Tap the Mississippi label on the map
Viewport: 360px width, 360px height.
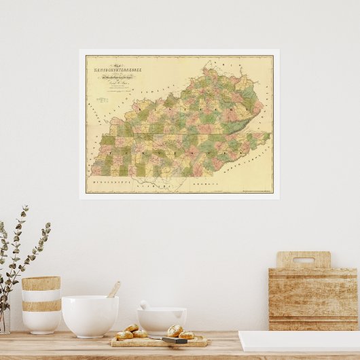pyautogui.click(x=109, y=184)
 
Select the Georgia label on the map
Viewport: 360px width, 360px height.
pyautogui.click(x=204, y=184)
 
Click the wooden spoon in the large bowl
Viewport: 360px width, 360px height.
pyautogui.click(x=113, y=290)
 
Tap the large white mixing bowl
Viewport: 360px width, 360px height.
pyautogui.click(x=90, y=316)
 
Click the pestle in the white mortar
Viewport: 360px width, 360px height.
pyautogui.click(x=144, y=305)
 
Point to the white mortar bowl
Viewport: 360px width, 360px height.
pyautogui.click(x=162, y=321)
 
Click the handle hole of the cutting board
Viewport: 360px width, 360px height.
pyautogui.click(x=303, y=259)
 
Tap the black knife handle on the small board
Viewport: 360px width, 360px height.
pyautogui.click(x=174, y=340)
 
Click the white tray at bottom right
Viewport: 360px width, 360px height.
pyautogui.click(x=299, y=340)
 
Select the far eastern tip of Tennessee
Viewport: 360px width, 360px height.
pyautogui.click(x=269, y=134)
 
